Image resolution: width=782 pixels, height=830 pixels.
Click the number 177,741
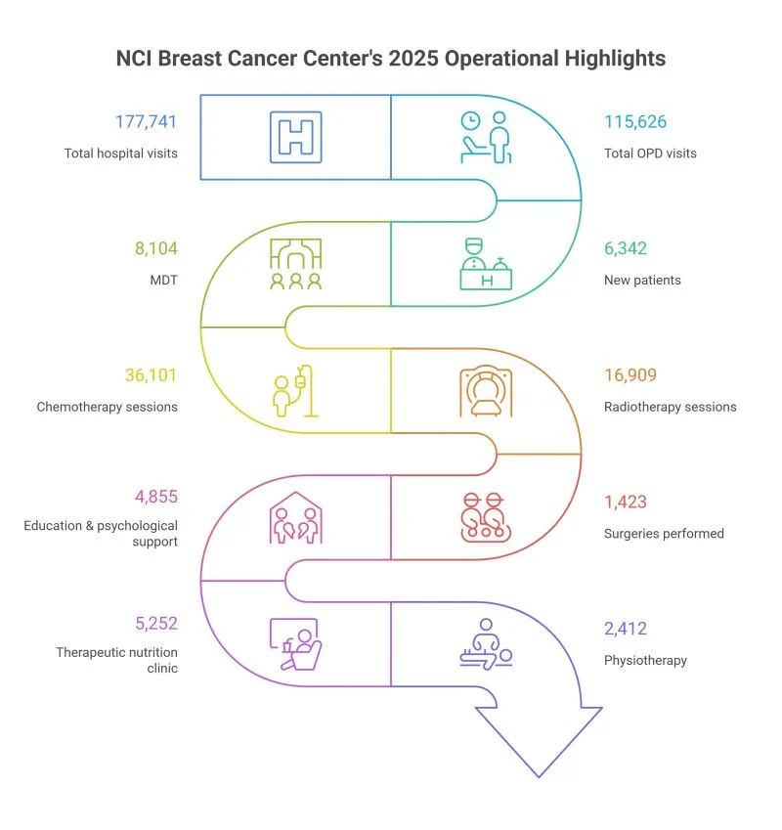pyautogui.click(x=147, y=122)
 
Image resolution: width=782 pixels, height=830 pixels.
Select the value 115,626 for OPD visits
pyautogui.click(x=636, y=122)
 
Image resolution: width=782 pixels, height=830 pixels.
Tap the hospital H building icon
pyautogui.click(x=295, y=135)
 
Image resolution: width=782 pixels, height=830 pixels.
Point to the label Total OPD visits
pyautogui.click(x=651, y=153)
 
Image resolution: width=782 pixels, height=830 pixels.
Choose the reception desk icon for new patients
pyautogui.click(x=487, y=263)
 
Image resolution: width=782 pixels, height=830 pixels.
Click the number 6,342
pyautogui.click(x=625, y=249)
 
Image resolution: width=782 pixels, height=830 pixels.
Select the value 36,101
pyautogui.click(x=152, y=375)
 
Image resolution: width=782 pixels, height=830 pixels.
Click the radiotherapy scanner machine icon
pyautogui.click(x=486, y=391)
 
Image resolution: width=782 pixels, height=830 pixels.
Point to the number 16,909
pyautogui.click(x=630, y=375)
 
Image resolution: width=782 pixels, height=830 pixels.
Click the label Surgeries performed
pyautogui.click(x=664, y=534)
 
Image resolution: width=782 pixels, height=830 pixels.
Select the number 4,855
pyautogui.click(x=156, y=496)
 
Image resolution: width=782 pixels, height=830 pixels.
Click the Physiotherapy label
pyautogui.click(x=645, y=660)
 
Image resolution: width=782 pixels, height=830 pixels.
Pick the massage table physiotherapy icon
pyautogui.click(x=486, y=645)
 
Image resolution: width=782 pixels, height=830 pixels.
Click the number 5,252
pyautogui.click(x=155, y=622)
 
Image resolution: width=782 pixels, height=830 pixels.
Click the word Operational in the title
pyautogui.click(x=493, y=59)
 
